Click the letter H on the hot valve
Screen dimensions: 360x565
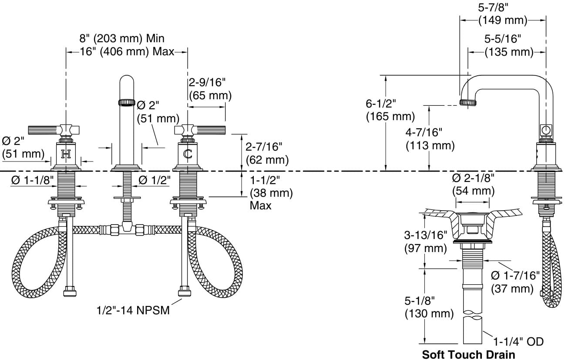tap(66, 154)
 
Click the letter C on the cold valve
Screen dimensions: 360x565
tap(188, 154)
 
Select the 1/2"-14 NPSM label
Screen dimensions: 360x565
tap(133, 310)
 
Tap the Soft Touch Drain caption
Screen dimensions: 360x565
tap(468, 354)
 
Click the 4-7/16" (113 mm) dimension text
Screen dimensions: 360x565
tap(430, 138)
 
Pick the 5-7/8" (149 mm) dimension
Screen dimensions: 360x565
tap(502, 14)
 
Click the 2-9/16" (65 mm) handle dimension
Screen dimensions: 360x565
tap(210, 89)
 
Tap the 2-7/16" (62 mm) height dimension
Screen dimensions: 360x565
tap(267, 154)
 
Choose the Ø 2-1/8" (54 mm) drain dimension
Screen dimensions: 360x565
tap(473, 184)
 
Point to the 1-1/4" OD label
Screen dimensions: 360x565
tap(518, 342)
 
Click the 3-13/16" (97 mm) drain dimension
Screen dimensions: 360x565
tap(425, 242)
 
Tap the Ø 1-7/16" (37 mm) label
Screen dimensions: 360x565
tap(515, 282)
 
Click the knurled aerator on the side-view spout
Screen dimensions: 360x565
tap(468, 102)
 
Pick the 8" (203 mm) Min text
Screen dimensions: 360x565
tap(122, 38)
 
